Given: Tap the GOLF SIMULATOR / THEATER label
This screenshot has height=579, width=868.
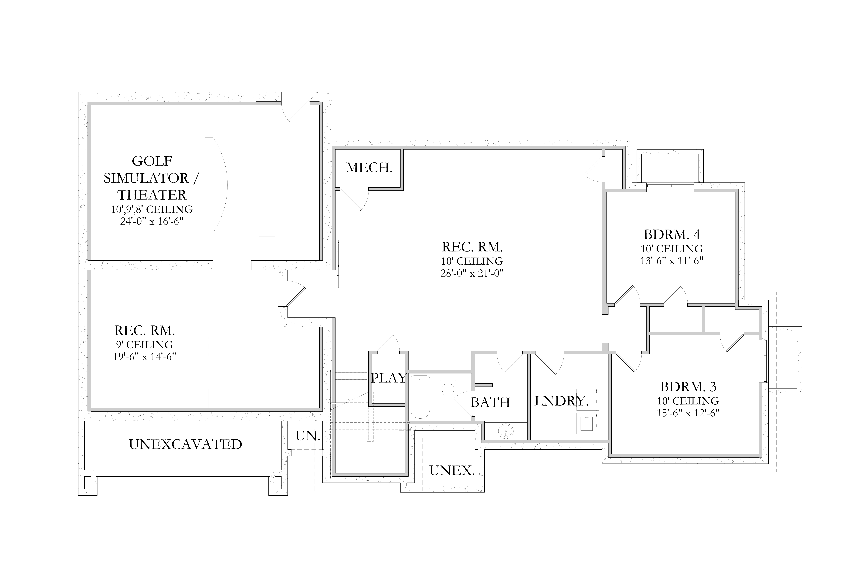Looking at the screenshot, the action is [152, 178].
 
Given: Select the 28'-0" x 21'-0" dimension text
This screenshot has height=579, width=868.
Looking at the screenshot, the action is [472, 273].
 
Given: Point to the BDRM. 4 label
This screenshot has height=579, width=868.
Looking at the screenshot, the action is [672, 234].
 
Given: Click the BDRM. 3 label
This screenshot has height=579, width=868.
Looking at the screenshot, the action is [688, 387].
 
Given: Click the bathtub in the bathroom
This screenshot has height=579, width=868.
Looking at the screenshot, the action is [420, 397].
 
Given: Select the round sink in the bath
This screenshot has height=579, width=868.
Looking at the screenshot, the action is [506, 431].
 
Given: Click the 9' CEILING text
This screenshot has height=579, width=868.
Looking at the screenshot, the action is [144, 345].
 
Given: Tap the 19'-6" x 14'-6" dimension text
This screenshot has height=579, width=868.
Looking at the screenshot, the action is [144, 357].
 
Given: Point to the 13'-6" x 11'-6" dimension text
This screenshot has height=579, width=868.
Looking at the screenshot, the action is [672, 261].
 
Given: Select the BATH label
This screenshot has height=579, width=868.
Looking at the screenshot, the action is [490, 402].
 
